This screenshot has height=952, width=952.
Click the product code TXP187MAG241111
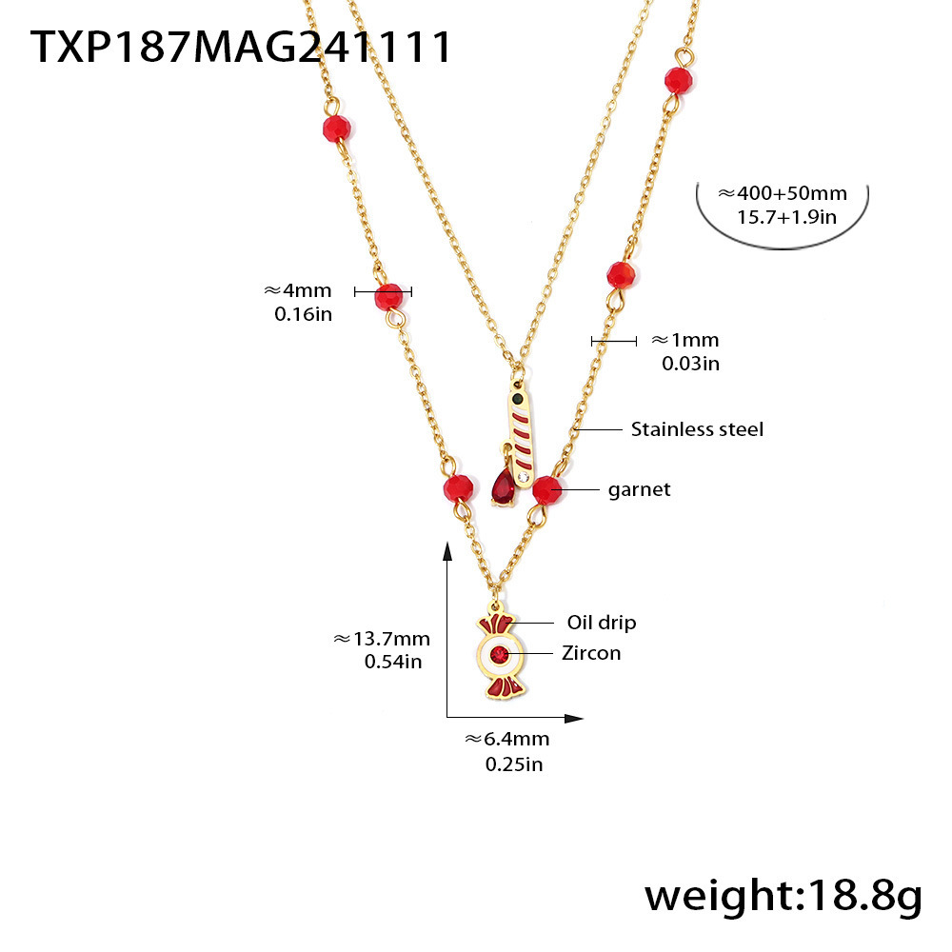tap(241, 46)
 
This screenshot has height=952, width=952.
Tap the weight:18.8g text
tap(783, 896)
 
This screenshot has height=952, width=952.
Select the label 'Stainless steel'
tap(697, 429)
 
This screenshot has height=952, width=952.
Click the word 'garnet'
tap(639, 489)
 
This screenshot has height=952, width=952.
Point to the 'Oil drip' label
tap(602, 623)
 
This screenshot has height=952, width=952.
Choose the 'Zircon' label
tap(590, 652)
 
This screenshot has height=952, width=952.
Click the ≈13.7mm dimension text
tap(381, 639)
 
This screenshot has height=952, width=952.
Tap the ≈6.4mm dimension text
tap(507, 739)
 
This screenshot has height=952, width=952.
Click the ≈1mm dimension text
tap(684, 340)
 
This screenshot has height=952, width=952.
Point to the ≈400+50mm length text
tap(782, 193)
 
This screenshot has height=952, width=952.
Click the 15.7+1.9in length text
tap(786, 216)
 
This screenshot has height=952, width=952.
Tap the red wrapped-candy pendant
tap(499, 656)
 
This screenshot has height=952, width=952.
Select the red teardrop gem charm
tap(503, 487)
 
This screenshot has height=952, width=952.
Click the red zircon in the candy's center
tap(499, 654)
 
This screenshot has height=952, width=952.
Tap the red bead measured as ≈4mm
tap(388, 296)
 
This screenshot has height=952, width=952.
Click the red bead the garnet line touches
tap(545, 490)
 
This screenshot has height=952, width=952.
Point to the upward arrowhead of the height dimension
tap(447, 549)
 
